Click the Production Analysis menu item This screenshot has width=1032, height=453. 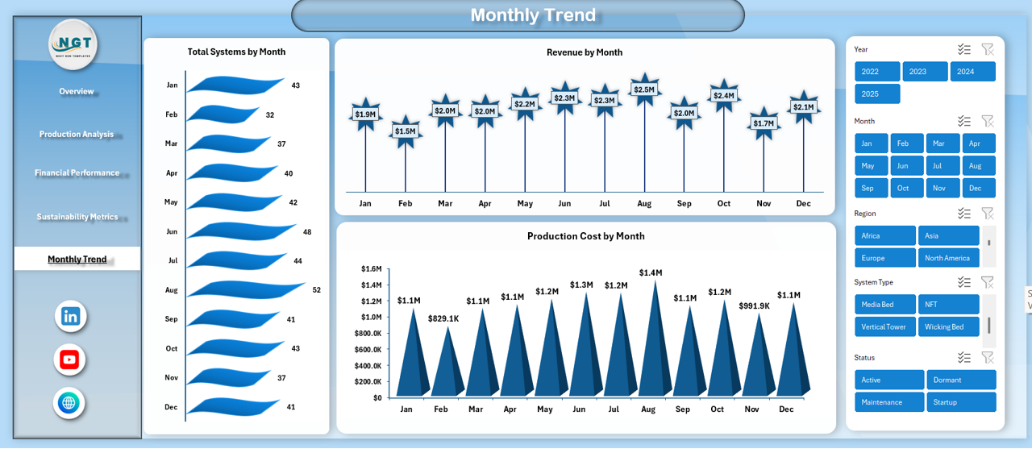(77, 135)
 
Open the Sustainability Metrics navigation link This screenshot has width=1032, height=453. (77, 217)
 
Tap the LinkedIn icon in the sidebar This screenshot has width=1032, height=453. (71, 316)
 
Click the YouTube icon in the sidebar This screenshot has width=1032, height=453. (70, 359)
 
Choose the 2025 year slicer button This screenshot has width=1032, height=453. (877, 94)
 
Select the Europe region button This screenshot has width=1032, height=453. (884, 258)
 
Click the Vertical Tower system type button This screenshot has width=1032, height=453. (884, 327)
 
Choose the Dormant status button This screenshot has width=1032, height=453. (961, 380)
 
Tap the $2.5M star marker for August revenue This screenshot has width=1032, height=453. (644, 89)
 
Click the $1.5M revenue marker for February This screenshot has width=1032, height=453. (405, 131)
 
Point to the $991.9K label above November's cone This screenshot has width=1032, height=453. (754, 306)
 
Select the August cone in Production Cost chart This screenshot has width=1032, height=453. (649, 347)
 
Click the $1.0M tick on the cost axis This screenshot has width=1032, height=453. (371, 317)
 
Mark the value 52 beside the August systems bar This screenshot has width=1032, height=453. (316, 290)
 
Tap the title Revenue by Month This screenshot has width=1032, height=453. (585, 52)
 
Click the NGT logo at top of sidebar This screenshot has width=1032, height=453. (73, 44)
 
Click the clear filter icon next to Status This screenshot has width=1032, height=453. (987, 357)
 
